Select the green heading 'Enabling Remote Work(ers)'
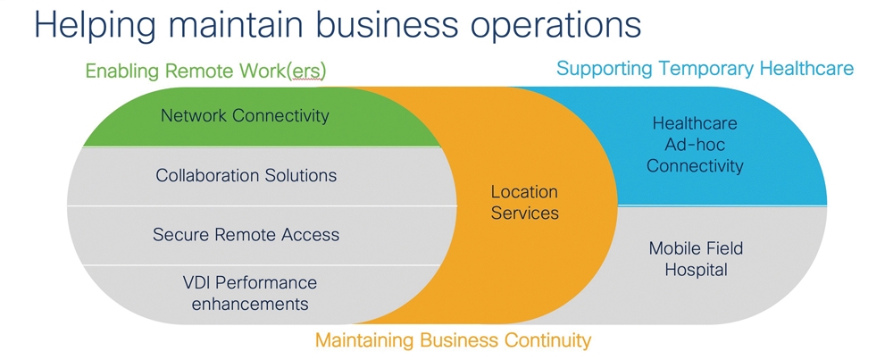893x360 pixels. (205, 71)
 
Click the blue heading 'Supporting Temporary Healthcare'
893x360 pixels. (705, 69)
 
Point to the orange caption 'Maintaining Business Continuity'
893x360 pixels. (454, 340)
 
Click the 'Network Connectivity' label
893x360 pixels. (245, 115)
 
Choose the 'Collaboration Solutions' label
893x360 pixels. (246, 175)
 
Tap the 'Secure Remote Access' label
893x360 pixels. (246, 234)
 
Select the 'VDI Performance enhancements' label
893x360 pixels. (250, 293)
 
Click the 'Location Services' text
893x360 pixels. (524, 202)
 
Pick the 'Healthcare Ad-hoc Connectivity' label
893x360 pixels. (695, 145)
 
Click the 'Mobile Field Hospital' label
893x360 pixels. (696, 258)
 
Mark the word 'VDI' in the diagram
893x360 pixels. (197, 282)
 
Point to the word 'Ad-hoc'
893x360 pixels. (695, 144)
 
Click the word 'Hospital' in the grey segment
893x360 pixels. (696, 269)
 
